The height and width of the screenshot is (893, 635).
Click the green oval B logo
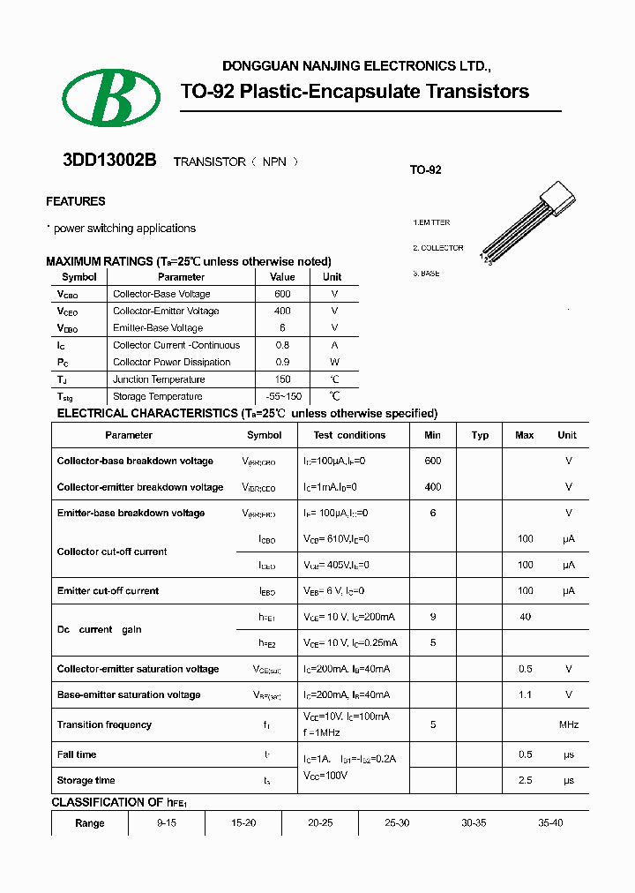coord(111,97)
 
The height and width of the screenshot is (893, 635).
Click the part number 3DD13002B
coord(109,161)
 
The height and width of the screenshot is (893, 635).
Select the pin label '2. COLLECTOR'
coord(438,248)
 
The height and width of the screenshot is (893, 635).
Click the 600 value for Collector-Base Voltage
coord(282,294)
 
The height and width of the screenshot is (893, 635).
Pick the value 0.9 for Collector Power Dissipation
coord(282,362)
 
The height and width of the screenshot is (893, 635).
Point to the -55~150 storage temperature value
coord(283,396)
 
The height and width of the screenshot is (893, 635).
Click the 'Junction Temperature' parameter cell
coord(159,379)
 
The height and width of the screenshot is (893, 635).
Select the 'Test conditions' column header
coord(349,435)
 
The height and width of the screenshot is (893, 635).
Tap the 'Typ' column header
coord(480,435)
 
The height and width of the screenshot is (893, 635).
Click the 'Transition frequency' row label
coord(104,724)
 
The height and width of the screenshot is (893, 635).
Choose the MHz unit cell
coord(568,724)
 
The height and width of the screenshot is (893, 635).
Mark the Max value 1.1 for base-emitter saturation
coord(525,694)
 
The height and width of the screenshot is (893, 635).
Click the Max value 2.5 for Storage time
coord(525,780)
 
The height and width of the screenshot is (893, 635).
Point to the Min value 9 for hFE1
coord(432,617)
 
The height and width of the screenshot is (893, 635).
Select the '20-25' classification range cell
coord(320,822)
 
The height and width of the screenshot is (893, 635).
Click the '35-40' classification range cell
coord(550,822)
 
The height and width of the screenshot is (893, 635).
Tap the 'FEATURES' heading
coord(76,201)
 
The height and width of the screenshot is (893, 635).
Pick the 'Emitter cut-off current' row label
coord(108,590)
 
